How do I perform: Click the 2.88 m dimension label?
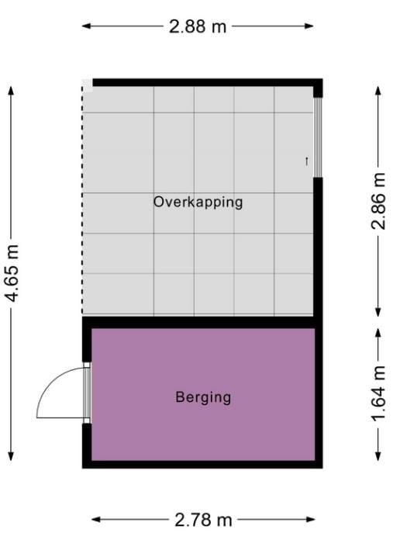tap(198, 26)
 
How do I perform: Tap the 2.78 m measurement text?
tap(203, 519)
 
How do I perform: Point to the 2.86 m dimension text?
tap(378, 202)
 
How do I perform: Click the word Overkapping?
tap(198, 202)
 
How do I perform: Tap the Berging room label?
tap(203, 398)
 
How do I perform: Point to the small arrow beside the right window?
tap(307, 161)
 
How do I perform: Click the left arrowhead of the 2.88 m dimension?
tap(86, 26)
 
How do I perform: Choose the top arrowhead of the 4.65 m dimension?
tap(12, 89)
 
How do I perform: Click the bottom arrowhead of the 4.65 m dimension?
tap(12, 457)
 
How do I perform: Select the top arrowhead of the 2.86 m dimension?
tap(378, 89)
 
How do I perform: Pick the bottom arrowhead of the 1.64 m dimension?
tap(378, 457)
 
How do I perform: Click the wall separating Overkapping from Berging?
tap(202, 321)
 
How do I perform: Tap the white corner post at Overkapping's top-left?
tap(87, 84)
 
